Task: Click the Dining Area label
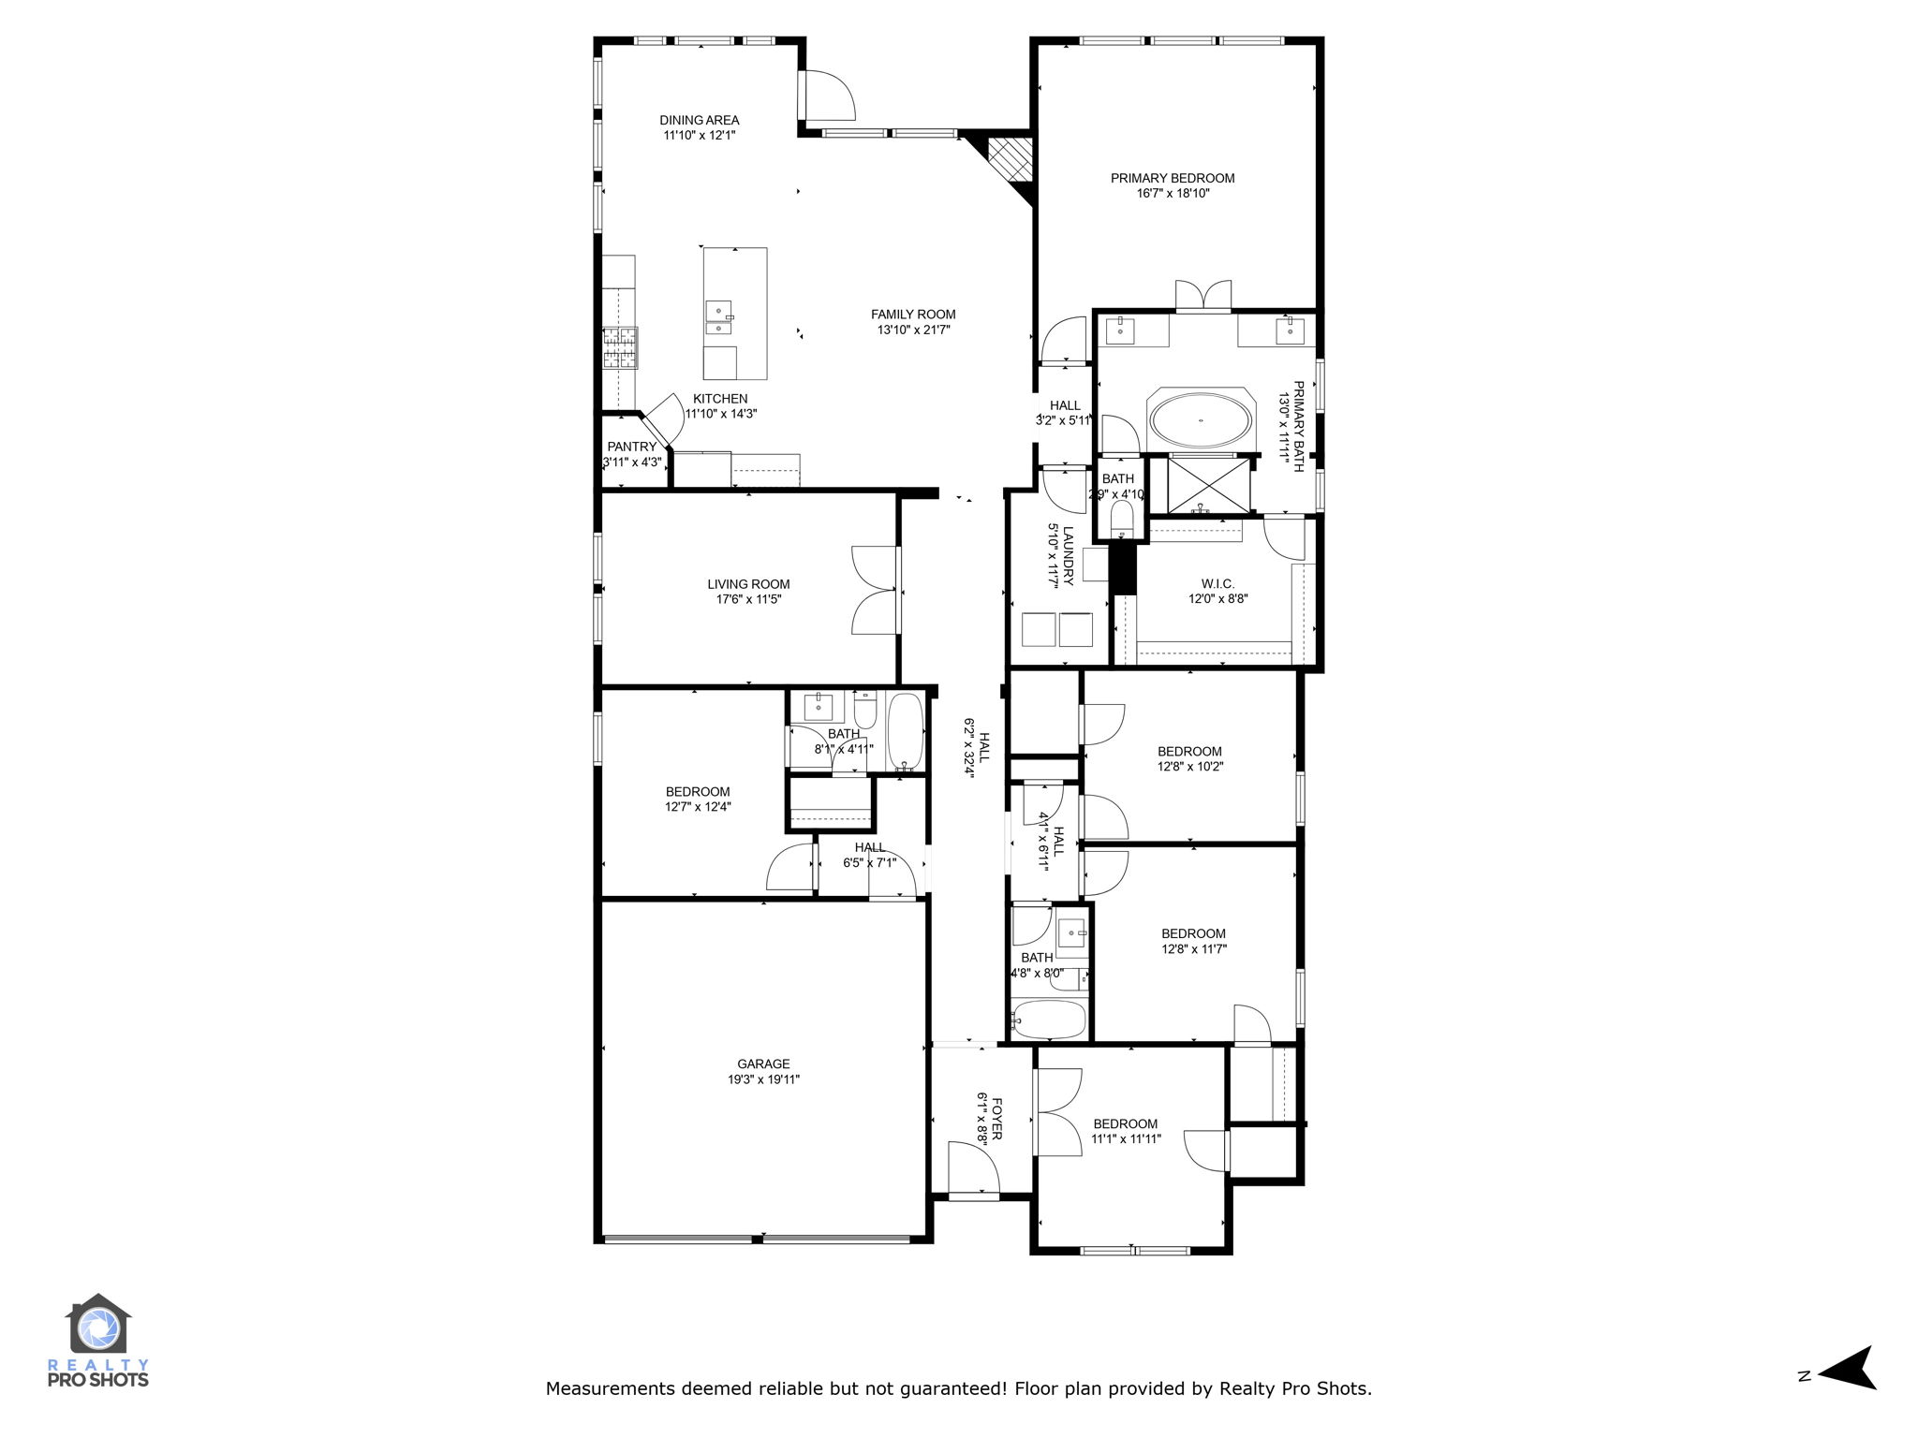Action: [699, 120]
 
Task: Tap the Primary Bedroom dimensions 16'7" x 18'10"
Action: [1173, 194]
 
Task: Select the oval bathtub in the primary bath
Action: [1200, 421]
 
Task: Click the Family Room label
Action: [912, 315]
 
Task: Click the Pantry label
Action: [631, 447]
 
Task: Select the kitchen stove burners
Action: [619, 348]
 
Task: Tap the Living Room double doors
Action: [875, 591]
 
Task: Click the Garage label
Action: [763, 1064]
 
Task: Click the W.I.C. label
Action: [1217, 584]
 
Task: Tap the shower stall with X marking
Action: [1208, 485]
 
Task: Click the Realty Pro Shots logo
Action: [97, 1339]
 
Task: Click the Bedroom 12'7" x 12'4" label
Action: [698, 791]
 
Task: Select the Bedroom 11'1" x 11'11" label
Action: [1125, 1123]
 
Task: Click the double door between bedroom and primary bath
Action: [1202, 295]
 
